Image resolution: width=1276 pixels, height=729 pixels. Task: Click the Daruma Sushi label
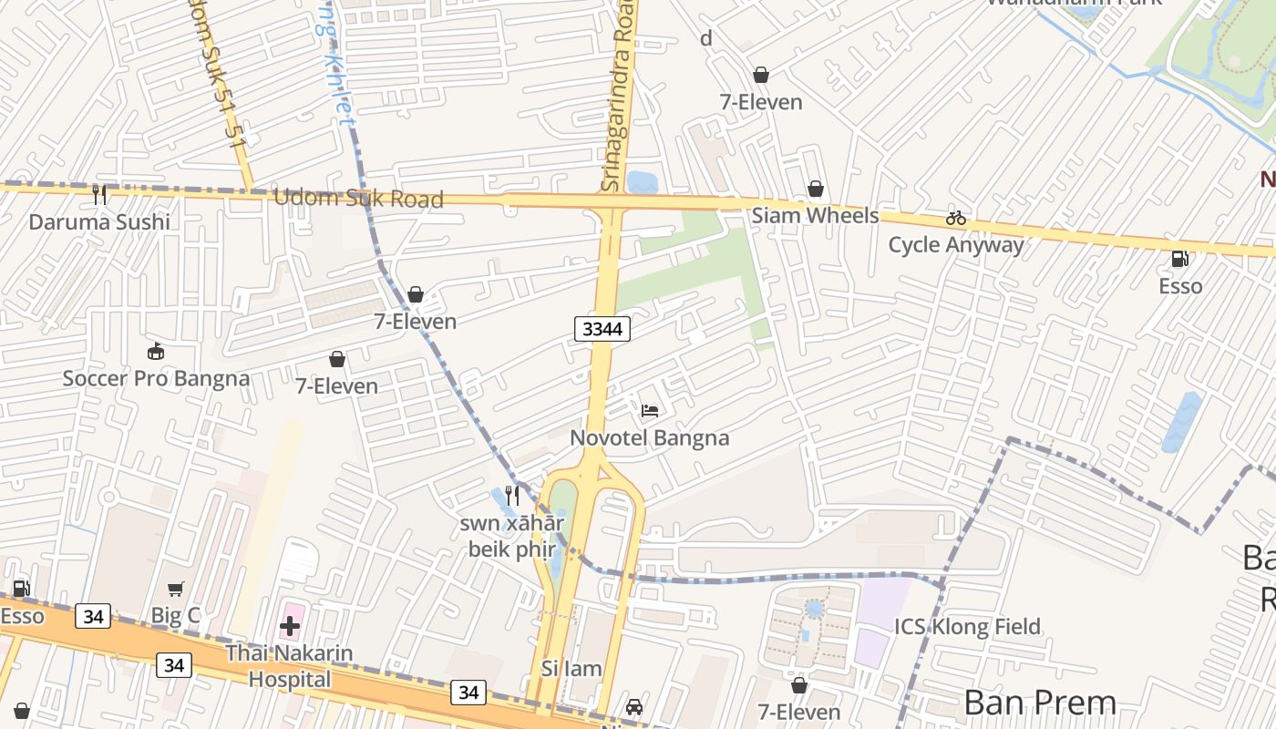99,222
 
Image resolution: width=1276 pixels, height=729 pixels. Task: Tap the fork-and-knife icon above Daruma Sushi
99,194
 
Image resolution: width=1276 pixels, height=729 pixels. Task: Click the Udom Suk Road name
358,199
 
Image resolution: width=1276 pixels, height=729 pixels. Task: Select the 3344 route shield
602,329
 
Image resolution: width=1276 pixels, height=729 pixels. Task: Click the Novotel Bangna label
649,438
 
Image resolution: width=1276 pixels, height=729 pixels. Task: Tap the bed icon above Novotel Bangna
650,411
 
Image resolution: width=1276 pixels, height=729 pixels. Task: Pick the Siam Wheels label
815,216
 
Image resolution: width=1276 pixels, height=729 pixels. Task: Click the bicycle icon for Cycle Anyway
955,218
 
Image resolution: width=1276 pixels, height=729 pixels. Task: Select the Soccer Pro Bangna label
156,378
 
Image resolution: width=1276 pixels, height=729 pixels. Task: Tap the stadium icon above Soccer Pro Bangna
156,351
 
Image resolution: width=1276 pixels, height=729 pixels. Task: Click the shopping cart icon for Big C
175,590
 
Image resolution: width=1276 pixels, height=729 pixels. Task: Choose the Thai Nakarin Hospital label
290,666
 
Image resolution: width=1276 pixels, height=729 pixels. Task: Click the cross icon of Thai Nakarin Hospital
290,626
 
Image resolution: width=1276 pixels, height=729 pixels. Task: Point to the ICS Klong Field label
967,627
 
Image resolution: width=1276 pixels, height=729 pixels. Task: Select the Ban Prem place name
1039,703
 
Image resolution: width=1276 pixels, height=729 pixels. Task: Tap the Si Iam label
571,669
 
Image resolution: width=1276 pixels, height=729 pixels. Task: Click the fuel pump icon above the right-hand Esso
1179,259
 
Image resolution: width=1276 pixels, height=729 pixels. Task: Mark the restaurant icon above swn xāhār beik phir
512,496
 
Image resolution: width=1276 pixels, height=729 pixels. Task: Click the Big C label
175,616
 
